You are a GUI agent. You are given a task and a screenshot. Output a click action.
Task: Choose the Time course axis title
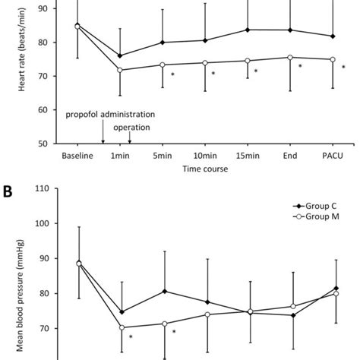click(x=204, y=170)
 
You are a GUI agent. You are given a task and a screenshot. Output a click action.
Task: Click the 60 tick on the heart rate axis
click(x=43, y=109)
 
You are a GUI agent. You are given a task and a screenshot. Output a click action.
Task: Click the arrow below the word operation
click(x=129, y=137)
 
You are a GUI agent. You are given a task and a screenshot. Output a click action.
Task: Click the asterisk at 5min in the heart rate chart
click(x=173, y=74)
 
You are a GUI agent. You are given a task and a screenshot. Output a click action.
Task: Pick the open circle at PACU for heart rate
click(x=332, y=59)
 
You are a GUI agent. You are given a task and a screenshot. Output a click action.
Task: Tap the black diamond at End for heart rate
click(x=289, y=30)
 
